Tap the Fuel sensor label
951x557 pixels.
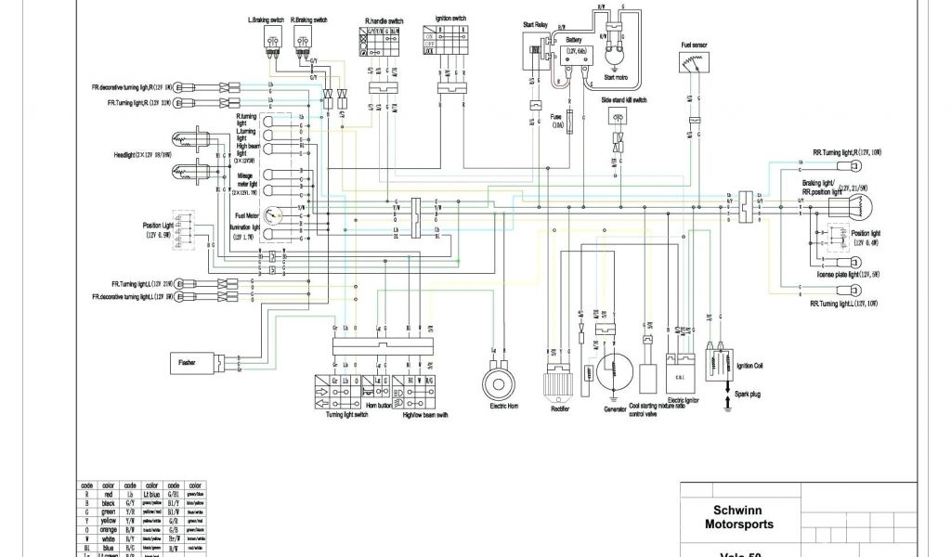(687, 43)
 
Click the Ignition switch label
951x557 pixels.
(451, 18)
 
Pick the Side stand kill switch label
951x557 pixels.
(623, 98)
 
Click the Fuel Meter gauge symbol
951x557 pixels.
(272, 215)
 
